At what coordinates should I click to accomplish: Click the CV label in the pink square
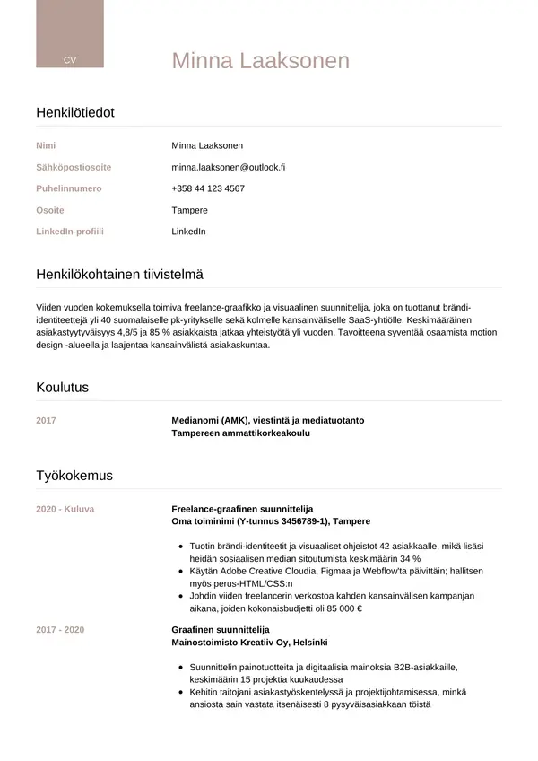70,59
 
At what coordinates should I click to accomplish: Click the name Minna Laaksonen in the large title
260,61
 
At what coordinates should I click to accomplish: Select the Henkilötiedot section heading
75,112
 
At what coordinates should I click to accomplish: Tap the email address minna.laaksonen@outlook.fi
228,167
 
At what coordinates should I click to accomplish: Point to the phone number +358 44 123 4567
208,188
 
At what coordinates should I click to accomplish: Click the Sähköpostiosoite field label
74,167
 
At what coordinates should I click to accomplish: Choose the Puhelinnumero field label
69,188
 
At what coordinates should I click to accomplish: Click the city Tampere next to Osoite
189,210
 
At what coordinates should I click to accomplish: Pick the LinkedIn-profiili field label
70,232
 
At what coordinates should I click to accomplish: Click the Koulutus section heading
62,388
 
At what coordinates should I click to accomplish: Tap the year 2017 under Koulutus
46,420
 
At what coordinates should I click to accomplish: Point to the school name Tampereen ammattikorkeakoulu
240,433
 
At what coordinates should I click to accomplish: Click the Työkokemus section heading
74,475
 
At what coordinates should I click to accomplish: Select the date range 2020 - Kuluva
65,509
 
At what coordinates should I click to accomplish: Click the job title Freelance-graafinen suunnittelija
242,509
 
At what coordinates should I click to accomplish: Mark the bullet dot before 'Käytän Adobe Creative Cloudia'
182,571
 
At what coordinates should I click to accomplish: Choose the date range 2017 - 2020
60,630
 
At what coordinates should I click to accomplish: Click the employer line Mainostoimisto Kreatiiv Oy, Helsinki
249,643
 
